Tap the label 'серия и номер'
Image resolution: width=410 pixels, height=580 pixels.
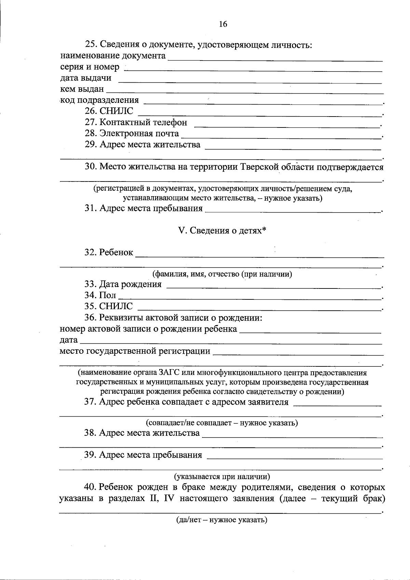(x=90, y=67)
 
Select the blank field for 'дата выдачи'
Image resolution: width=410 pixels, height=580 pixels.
(x=249, y=81)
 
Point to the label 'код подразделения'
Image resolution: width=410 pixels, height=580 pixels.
(x=99, y=100)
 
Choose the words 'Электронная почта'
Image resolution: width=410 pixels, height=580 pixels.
(x=139, y=133)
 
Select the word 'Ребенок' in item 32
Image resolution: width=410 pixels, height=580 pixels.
(x=116, y=253)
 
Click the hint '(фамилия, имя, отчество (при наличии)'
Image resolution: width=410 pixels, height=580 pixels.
(x=222, y=274)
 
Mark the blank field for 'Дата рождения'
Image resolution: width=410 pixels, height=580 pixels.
(x=273, y=287)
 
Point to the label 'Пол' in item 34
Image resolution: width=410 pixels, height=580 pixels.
(x=108, y=295)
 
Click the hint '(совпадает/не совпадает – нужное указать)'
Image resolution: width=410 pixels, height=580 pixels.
(x=222, y=423)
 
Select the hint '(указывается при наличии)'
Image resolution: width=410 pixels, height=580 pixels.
(x=222, y=476)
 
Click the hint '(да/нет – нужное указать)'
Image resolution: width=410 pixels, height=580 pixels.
(x=221, y=520)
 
